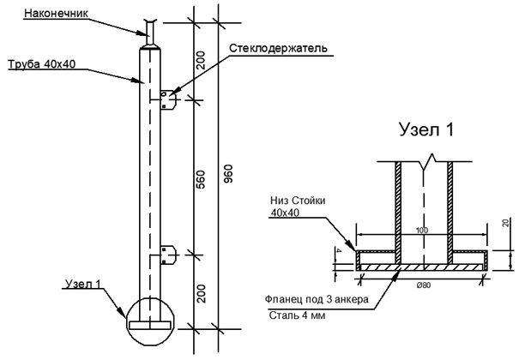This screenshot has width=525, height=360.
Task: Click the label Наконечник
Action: [57, 13]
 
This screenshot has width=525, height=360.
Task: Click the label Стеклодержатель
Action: [278, 48]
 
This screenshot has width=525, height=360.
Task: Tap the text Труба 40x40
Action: [41, 64]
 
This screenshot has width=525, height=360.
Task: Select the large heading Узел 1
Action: [426, 129]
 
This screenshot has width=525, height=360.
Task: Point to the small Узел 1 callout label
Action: [82, 284]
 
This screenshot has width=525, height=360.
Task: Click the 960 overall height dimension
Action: [228, 174]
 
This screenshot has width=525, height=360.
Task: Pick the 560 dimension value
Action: [200, 179]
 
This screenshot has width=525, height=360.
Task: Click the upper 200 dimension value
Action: [200, 60]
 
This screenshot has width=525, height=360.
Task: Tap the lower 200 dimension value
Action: [201, 294]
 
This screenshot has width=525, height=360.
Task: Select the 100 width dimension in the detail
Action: [422, 231]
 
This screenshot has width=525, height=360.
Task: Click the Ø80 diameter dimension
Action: [424, 285]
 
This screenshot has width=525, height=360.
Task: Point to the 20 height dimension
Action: [506, 223]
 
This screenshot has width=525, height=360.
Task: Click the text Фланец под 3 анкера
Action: [317, 299]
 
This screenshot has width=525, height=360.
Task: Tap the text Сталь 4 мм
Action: [297, 315]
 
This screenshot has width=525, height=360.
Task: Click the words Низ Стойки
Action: [298, 201]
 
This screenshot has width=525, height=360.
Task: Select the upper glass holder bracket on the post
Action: [168, 99]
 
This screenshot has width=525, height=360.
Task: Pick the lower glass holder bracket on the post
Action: [168, 255]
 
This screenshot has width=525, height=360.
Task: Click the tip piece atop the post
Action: [149, 33]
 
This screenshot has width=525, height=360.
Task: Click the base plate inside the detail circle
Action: [149, 325]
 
